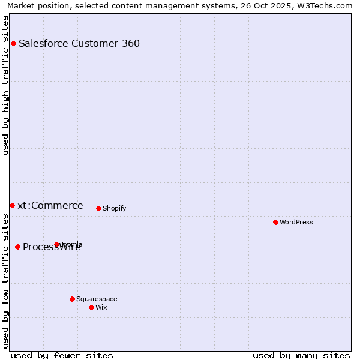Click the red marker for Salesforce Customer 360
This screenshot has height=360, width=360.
pos(13,43)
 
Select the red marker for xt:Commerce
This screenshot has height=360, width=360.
pos(12,205)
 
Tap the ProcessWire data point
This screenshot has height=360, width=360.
pos(18,247)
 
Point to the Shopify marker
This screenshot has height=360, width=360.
pos(98,208)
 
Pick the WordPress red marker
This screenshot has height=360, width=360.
pos(275,222)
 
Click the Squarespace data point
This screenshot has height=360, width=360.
pos(72,299)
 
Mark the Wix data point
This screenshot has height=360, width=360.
pos(91,307)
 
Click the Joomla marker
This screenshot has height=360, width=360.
pos(57,244)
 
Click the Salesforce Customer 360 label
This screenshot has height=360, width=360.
pos(79,43)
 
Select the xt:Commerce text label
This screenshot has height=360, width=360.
pos(50,205)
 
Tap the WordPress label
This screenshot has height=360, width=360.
pos(296,222)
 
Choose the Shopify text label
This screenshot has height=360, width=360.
pos(114,208)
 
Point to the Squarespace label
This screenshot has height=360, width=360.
pos(97,299)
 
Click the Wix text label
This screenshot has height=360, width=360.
pos(101,307)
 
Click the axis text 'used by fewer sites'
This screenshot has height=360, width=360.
pos(62,355)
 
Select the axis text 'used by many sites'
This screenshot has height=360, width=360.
pos(301,355)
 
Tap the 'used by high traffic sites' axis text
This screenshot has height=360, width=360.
pos(6,85)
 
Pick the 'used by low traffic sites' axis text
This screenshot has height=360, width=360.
pos(6,281)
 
